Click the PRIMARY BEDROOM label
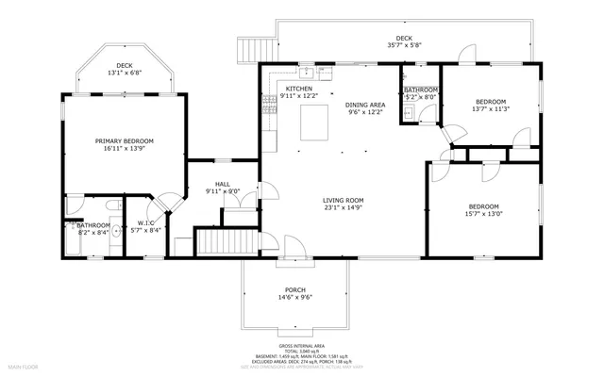coord(124,140)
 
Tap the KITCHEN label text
coord(299,88)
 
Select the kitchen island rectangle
coord(313,121)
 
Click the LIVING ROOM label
coord(344,200)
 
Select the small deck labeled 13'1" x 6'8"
coord(124,68)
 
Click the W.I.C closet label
coord(143,223)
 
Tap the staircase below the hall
coord(226,243)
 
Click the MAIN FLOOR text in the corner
coord(24,365)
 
